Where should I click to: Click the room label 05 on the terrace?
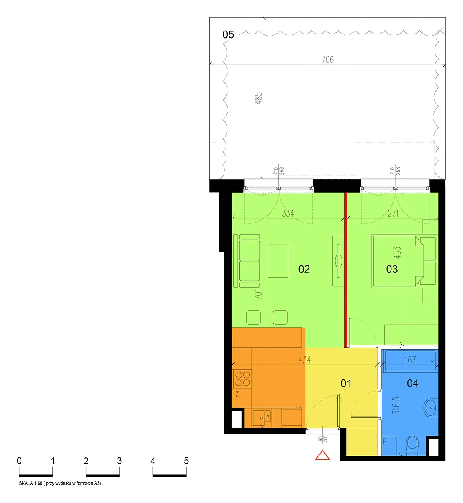[x=228, y=35]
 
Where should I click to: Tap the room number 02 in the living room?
[x=304, y=269]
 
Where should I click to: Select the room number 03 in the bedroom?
[x=392, y=269]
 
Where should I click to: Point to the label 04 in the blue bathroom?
[x=412, y=383]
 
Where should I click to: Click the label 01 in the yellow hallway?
[x=346, y=383]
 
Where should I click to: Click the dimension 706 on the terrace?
[x=328, y=60]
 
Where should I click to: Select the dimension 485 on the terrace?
[x=258, y=98]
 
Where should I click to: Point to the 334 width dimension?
[x=288, y=213]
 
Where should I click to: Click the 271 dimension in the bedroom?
[x=393, y=213]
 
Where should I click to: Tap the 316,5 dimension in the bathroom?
[x=396, y=405]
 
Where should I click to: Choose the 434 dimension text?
[x=304, y=360]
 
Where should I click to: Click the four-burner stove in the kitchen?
[x=242, y=379]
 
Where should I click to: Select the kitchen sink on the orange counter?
[x=262, y=418]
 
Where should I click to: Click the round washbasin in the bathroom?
[x=431, y=408]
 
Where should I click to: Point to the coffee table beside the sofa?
[x=278, y=261]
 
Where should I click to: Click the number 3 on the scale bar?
[x=119, y=461]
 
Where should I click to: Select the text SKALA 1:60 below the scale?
[x=31, y=483]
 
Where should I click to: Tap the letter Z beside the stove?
[x=237, y=394]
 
